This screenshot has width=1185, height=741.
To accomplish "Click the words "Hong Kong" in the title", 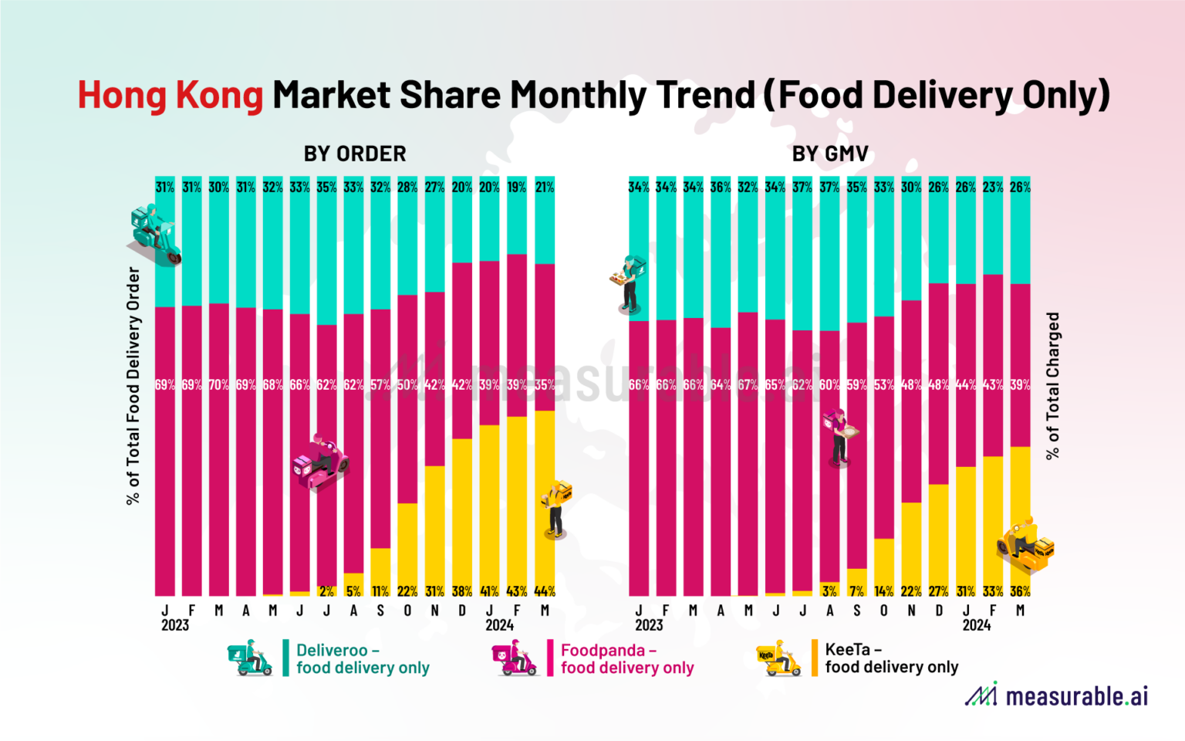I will tap(170, 95).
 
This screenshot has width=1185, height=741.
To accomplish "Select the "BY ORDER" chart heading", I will tap(355, 154).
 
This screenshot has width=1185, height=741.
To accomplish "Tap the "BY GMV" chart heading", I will tap(830, 154).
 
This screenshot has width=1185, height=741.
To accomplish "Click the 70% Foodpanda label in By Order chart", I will tap(218, 384).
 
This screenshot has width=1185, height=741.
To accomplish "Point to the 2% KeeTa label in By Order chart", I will tap(326, 591).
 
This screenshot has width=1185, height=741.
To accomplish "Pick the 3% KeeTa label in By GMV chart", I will tap(829, 591).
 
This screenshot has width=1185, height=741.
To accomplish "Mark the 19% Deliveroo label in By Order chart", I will tap(516, 187).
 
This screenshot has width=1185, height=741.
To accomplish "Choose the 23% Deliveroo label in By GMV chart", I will tap(993, 187).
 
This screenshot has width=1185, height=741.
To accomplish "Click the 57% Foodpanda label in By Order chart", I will tap(380, 384).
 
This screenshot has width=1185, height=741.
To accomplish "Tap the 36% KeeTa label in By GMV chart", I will tap(1020, 591).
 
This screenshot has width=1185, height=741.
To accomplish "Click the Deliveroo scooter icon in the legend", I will tap(250, 658).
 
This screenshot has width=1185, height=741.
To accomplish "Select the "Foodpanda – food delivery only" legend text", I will tap(626, 659).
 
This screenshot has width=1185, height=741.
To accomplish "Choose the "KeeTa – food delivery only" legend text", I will tap(891, 658).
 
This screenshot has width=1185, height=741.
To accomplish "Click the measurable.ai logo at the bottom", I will tap(1056, 695).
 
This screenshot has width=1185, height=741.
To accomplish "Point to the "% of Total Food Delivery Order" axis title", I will tap(133, 386).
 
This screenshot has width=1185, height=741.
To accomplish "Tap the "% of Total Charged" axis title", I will tap(1052, 386).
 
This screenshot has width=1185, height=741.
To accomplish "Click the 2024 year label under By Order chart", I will tap(499, 625).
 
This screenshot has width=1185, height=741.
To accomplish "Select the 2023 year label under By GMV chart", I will tap(649, 625).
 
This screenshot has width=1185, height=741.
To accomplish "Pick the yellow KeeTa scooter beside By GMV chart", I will tap(1025, 546).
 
